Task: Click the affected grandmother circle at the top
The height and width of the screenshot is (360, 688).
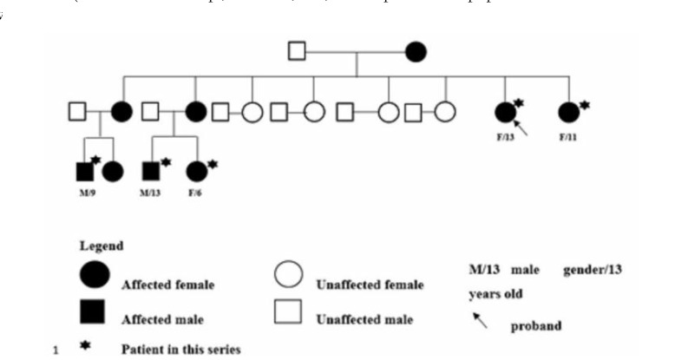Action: point(416,52)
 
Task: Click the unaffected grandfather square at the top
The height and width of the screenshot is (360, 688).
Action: point(297,52)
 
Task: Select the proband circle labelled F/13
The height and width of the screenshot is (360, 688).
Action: point(504,112)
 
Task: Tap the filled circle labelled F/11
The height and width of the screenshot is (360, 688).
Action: point(568,112)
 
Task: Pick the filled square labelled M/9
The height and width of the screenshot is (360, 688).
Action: point(84,172)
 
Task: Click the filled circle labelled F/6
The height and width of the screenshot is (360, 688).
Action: point(197,172)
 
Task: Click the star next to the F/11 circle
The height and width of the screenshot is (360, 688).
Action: point(586,104)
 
